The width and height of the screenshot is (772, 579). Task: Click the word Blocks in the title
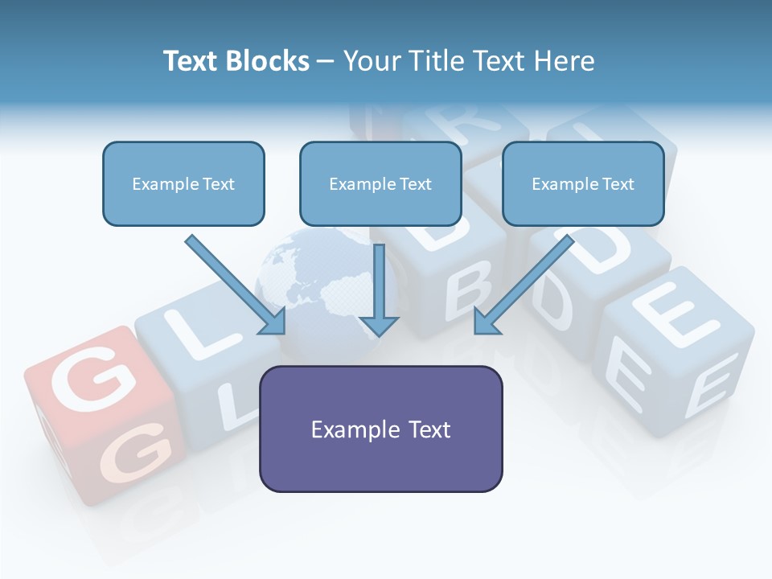coord(269,61)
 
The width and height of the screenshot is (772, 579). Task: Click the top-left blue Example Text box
coord(183,183)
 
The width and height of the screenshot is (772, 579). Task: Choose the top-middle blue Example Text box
coord(380,183)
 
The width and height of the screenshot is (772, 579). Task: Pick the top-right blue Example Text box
coord(583,183)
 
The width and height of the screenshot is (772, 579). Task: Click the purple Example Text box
coord(380,429)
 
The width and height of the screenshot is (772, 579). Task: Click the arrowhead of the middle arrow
coord(379,325)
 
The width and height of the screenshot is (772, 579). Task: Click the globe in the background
coord(318,277)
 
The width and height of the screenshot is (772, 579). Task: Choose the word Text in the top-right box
coord(617,184)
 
